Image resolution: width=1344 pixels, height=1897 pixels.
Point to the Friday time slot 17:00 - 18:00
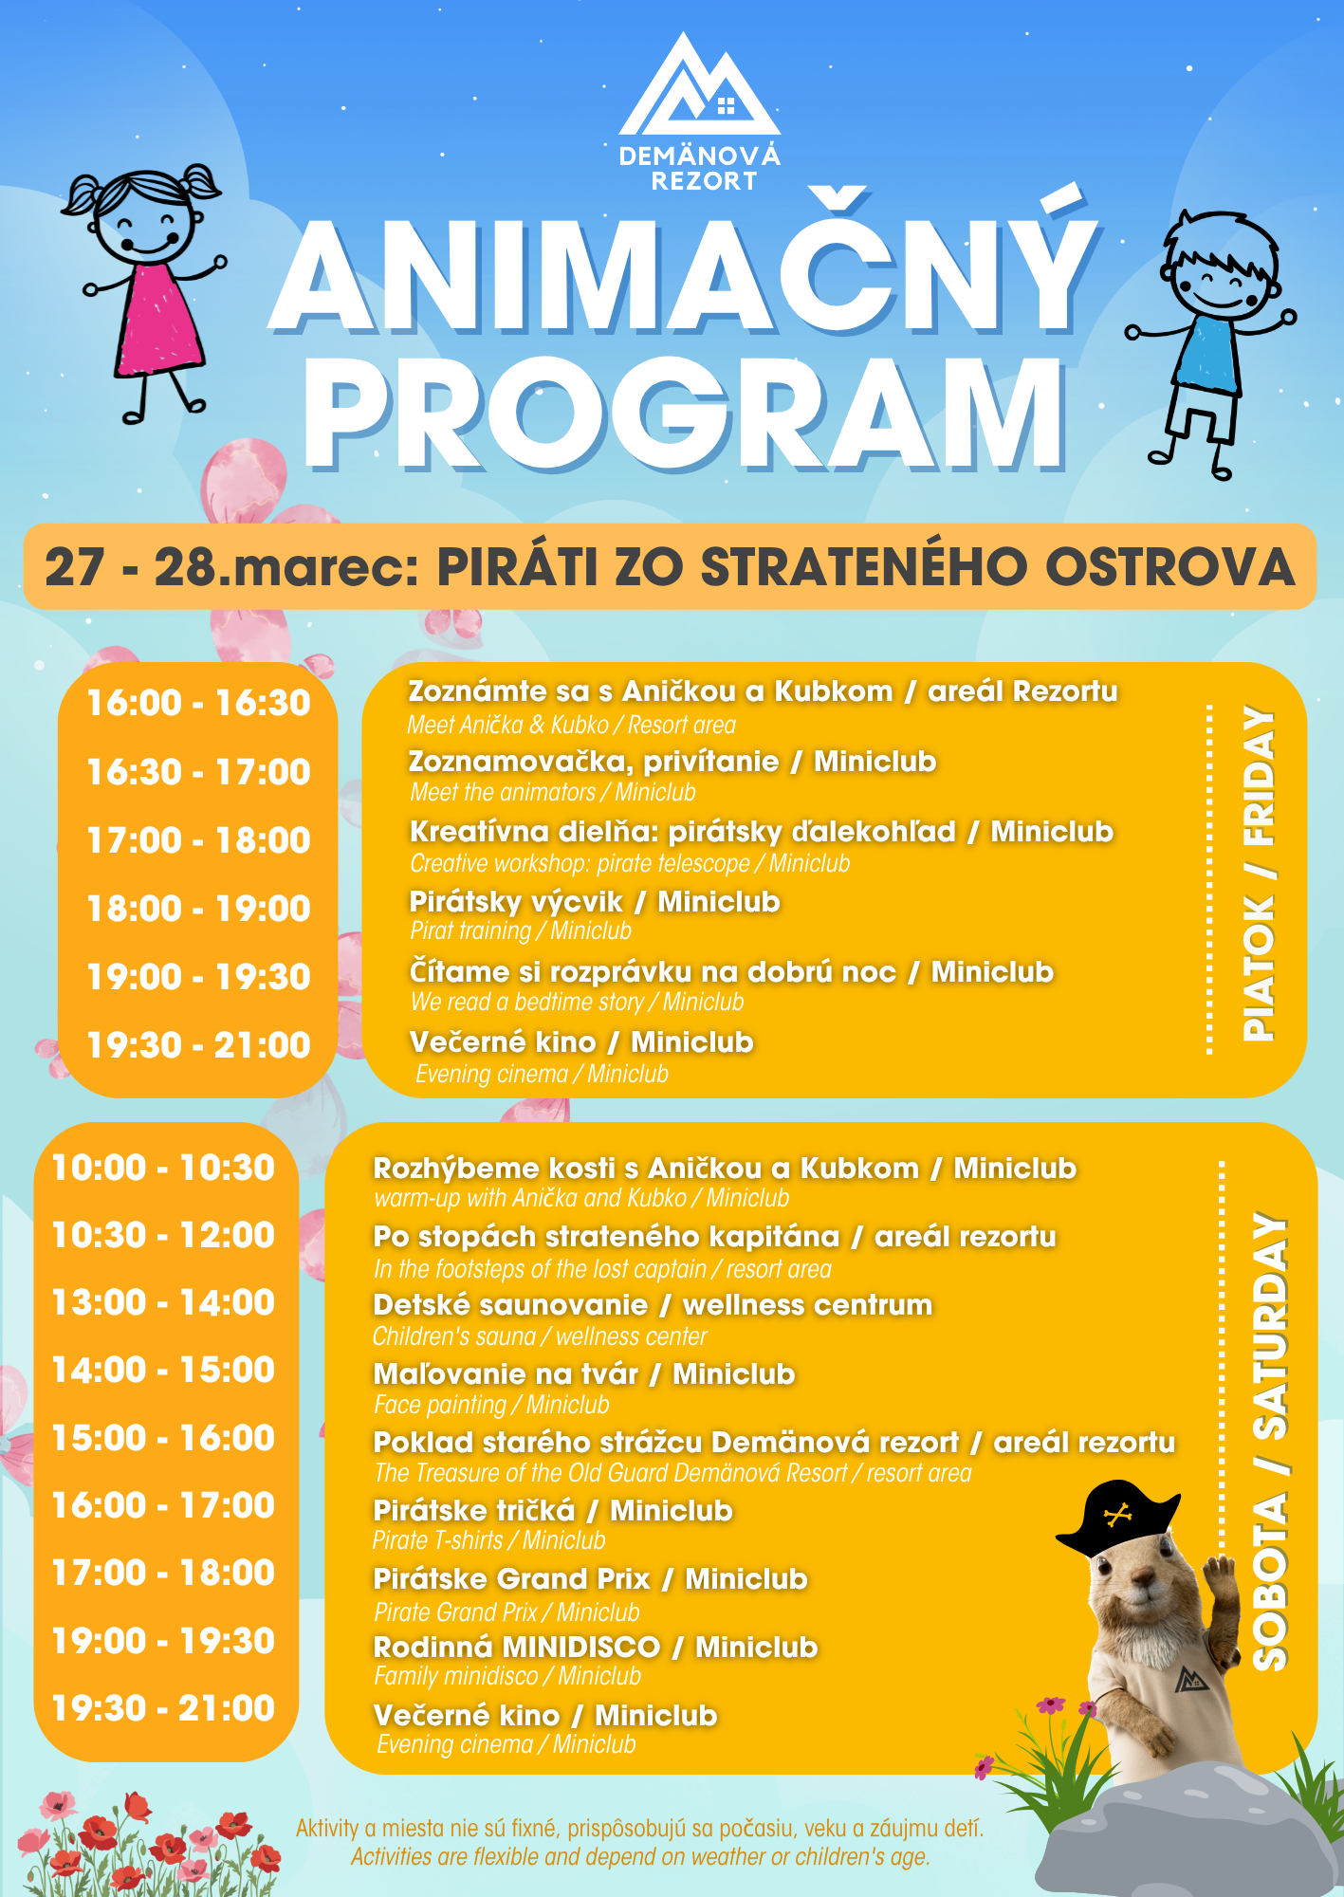click(x=198, y=840)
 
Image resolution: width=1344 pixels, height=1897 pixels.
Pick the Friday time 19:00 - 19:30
click(x=198, y=977)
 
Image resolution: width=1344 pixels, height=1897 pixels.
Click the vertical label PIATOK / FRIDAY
click(x=1260, y=873)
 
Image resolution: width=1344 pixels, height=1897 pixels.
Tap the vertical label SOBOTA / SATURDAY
click(x=1271, y=1442)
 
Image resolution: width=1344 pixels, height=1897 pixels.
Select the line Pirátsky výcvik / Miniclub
click(x=594, y=901)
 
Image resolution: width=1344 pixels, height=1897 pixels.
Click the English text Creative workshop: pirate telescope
click(x=580, y=864)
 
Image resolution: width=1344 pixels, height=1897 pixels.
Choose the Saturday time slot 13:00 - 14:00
click(x=163, y=1302)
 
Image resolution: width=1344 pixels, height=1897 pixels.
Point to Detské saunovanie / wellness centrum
click(x=653, y=1305)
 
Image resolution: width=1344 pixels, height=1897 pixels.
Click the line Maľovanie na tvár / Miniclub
click(x=583, y=1373)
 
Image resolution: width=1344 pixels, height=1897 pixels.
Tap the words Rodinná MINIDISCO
click(x=517, y=1648)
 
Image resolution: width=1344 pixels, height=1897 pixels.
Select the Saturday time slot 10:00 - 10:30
click(x=163, y=1168)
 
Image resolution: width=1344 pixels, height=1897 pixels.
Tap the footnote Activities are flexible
click(x=639, y=1856)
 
